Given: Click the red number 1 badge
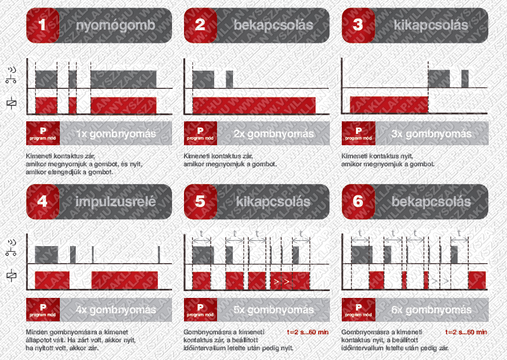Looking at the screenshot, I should (42, 26).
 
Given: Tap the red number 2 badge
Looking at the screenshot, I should (199, 26).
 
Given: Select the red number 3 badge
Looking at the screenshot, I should (358, 26).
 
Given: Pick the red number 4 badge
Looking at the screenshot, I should (42, 202).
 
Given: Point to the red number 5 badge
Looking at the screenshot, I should (199, 202).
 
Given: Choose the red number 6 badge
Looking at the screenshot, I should (358, 202).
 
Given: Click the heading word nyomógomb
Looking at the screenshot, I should (116, 26).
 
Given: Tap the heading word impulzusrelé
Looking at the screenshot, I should (116, 202).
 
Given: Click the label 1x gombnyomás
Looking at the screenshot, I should (116, 134).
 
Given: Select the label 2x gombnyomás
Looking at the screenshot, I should (274, 134).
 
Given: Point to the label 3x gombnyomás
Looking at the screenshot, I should (431, 134).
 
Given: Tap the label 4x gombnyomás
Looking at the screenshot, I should (116, 310).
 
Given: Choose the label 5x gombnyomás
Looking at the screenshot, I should (274, 310).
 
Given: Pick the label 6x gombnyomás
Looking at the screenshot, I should (431, 310).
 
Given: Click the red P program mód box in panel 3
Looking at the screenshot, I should (358, 133).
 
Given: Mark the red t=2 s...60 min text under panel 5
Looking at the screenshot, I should (307, 332).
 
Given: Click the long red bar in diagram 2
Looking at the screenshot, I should (254, 105).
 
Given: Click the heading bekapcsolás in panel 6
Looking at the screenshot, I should (431, 202).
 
